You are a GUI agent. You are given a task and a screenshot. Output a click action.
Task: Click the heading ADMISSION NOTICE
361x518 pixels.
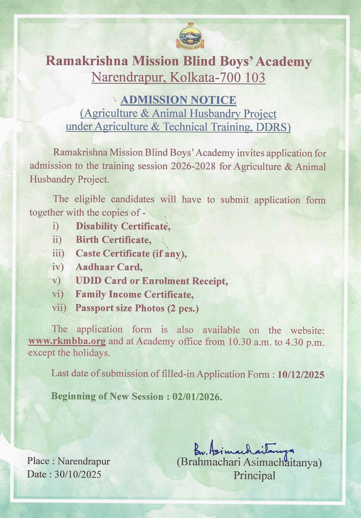coord(178,100)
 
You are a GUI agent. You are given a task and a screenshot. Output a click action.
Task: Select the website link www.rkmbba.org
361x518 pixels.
coord(67,341)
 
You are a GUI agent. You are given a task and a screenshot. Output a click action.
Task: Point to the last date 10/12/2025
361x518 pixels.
coord(301,374)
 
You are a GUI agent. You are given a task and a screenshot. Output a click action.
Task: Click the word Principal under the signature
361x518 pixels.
coord(254,476)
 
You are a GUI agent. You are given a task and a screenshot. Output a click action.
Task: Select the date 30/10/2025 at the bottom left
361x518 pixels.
coord(78,474)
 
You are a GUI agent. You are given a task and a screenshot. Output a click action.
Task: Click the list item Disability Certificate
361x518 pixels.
coord(123,226)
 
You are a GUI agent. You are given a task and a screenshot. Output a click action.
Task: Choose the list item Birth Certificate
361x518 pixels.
coord(114,240)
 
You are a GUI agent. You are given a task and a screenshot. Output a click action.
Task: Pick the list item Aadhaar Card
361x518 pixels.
coord(109,267)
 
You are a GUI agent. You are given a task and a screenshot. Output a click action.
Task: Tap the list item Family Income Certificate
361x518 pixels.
coord(134,294)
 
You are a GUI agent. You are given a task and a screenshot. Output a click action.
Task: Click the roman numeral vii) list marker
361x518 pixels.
coord(59,308)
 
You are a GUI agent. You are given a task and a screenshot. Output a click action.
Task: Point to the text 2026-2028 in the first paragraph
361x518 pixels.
coord(193,166)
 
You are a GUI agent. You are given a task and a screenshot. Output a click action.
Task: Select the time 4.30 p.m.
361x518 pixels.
coord(304,342)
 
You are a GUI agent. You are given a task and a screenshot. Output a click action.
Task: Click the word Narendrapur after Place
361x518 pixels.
coord(84,461)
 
